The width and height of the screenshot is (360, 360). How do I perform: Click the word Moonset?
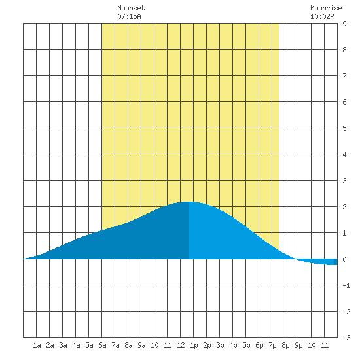(131, 8)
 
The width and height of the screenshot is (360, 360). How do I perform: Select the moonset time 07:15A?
(129, 16)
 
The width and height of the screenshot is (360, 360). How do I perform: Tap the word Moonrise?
(326, 8)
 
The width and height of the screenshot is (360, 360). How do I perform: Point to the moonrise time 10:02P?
(322, 16)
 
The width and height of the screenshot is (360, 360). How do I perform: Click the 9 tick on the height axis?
(344, 24)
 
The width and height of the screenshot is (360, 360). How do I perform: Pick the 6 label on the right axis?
(344, 102)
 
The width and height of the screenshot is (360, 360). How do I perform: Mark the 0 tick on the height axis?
(344, 259)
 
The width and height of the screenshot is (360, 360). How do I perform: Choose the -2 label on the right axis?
(346, 312)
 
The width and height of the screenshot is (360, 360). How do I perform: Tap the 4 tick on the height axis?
(344, 154)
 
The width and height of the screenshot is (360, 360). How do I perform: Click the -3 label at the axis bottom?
(346, 338)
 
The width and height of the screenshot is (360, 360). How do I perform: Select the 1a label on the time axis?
(37, 345)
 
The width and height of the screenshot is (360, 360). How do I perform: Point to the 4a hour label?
(76, 345)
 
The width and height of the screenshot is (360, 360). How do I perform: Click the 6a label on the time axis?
(102, 345)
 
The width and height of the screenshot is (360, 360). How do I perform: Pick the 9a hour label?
(141, 345)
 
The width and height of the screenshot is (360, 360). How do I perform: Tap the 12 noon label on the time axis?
(181, 345)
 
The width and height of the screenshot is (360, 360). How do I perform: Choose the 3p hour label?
(220, 345)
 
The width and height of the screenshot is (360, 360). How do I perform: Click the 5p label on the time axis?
(246, 345)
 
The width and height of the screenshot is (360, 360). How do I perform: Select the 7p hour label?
(272, 345)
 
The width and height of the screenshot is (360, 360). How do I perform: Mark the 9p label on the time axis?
(298, 345)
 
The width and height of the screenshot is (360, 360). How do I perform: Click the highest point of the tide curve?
(188, 202)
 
